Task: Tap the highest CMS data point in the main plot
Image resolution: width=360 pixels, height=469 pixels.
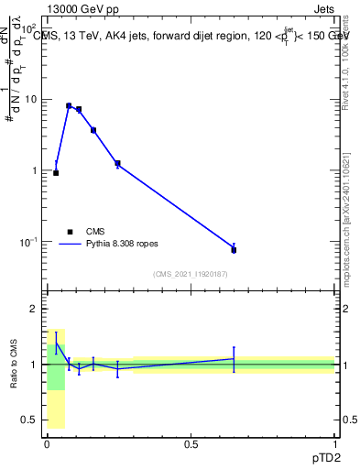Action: pyautogui.click(x=69, y=105)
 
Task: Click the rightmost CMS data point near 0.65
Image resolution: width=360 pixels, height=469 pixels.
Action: pyautogui.click(x=234, y=249)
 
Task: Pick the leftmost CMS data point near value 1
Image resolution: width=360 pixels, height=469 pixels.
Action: pyautogui.click(x=56, y=172)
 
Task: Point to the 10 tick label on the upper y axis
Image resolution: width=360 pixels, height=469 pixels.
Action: pyautogui.click(x=31, y=99)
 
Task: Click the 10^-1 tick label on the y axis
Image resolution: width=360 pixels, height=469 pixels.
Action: pyautogui.click(x=28, y=241)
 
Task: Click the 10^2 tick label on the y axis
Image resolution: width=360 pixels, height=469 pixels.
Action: pyautogui.click(x=28, y=27)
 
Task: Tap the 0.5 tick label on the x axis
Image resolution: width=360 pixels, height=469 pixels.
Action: pyautogui.click(x=191, y=442)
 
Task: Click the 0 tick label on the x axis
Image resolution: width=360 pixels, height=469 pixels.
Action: pyautogui.click(x=47, y=442)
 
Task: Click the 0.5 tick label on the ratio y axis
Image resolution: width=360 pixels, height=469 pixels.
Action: pyautogui.click(x=30, y=420)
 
